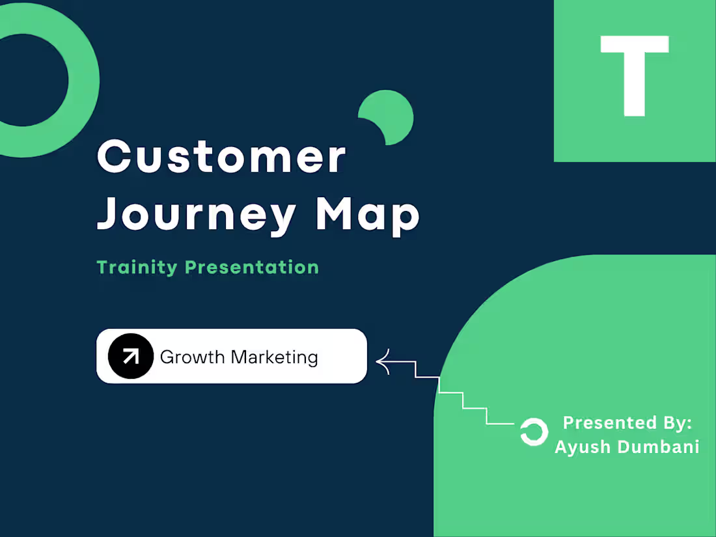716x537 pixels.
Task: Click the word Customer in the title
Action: [221, 157]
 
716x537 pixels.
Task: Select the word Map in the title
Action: [367, 215]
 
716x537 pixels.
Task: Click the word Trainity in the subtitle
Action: [137, 267]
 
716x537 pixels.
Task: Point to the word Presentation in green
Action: [253, 267]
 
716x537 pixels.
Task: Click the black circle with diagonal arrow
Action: [131, 356]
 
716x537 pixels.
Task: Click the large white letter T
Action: [634, 75]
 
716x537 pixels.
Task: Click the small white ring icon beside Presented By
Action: [534, 432]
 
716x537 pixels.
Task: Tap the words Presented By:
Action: [627, 422]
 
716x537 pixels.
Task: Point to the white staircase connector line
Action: [463, 399]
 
